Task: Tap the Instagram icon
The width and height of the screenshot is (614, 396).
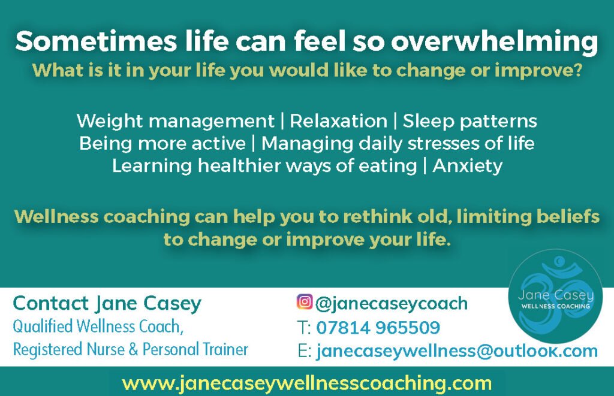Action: [x=305, y=303]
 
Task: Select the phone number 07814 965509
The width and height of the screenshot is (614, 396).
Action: [x=378, y=328]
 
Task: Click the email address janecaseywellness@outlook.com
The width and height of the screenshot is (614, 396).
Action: [x=457, y=351]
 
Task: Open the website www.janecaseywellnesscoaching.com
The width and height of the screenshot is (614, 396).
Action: [x=306, y=382]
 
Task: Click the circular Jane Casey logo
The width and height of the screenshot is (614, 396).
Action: [x=555, y=296]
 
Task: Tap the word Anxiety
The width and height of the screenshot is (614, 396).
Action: [x=467, y=166]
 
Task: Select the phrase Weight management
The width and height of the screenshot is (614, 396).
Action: [x=175, y=121]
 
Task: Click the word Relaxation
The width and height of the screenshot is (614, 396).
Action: [x=338, y=121]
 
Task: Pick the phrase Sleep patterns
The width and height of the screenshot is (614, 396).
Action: [x=469, y=121]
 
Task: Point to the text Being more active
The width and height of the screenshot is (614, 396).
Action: [x=162, y=144]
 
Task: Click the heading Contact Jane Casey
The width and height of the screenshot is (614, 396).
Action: [x=107, y=303]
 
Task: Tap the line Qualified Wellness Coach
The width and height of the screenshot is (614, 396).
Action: [x=97, y=327]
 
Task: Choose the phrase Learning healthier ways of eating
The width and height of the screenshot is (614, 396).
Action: [x=263, y=166]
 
